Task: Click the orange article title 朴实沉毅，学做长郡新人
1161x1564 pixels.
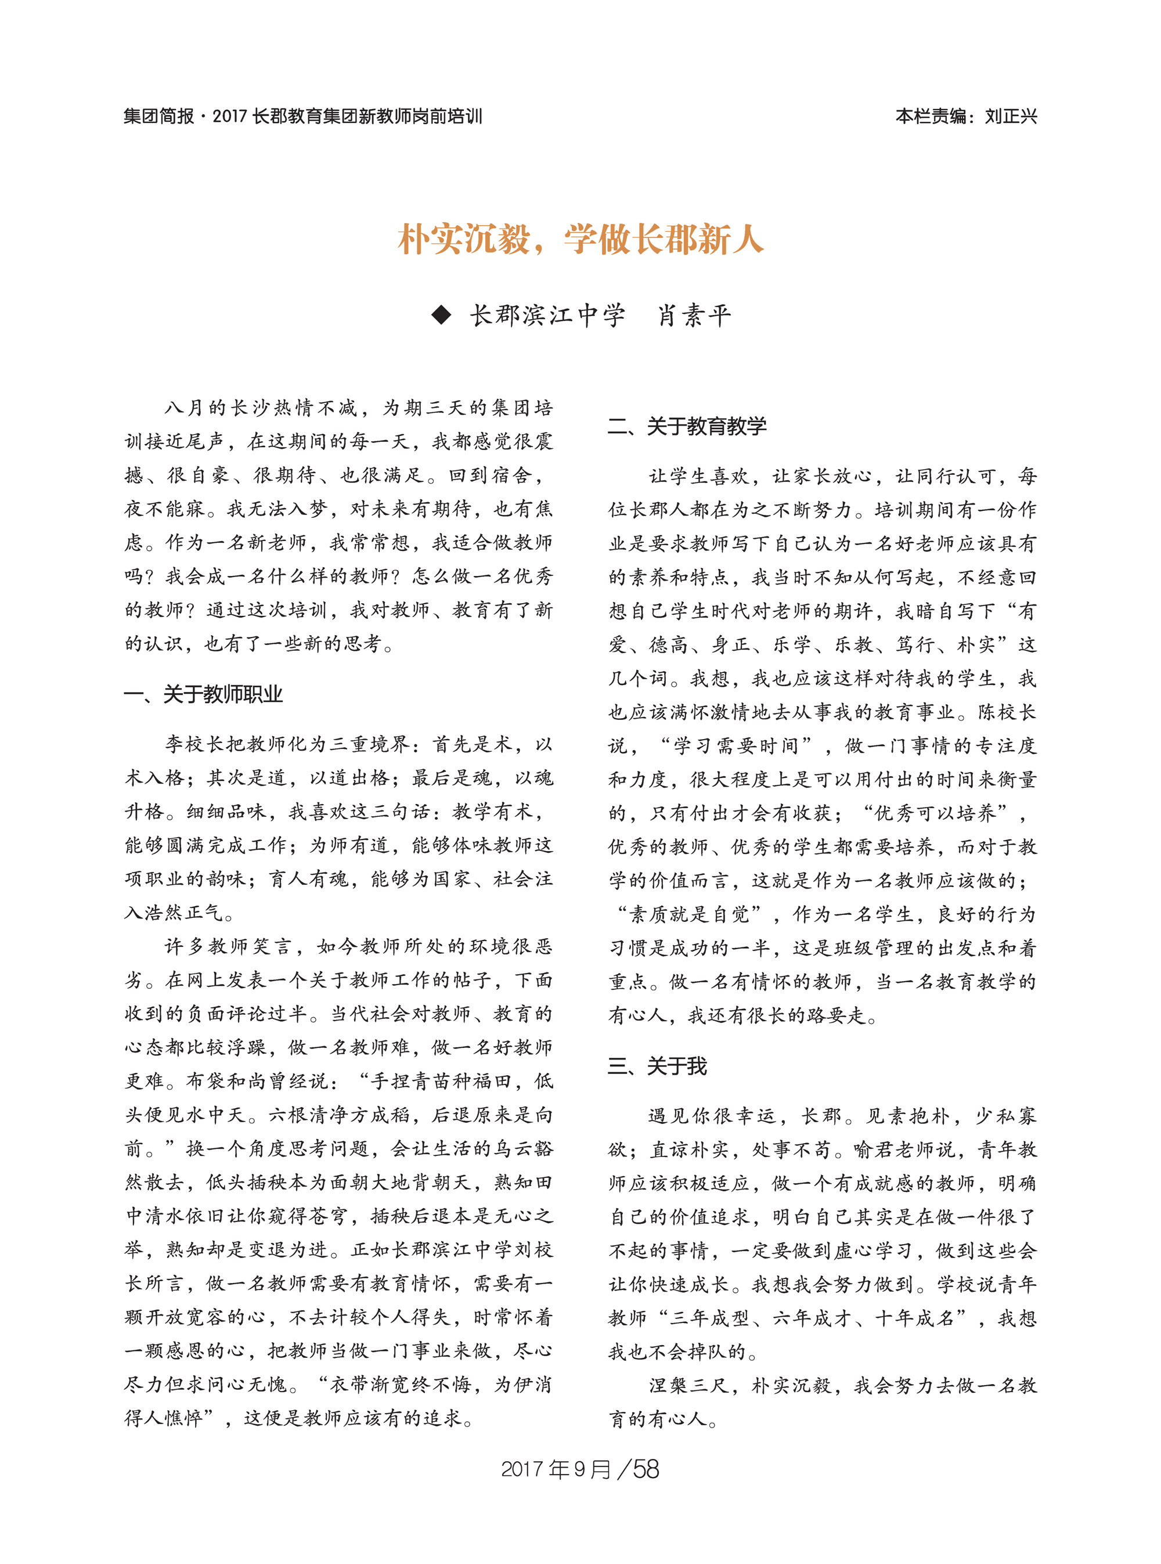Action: click(580, 240)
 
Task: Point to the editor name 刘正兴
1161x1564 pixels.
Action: click(1011, 117)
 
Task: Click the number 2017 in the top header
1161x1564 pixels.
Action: click(229, 117)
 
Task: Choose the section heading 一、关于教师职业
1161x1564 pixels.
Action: click(203, 694)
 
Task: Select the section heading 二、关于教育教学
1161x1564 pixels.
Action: click(687, 426)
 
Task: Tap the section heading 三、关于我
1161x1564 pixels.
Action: click(657, 1066)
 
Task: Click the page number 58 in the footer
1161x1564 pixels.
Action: click(646, 1469)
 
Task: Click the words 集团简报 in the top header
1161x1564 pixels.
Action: click(159, 117)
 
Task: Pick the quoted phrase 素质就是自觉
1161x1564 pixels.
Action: click(688, 914)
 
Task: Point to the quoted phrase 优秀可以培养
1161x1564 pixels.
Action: click(935, 813)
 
